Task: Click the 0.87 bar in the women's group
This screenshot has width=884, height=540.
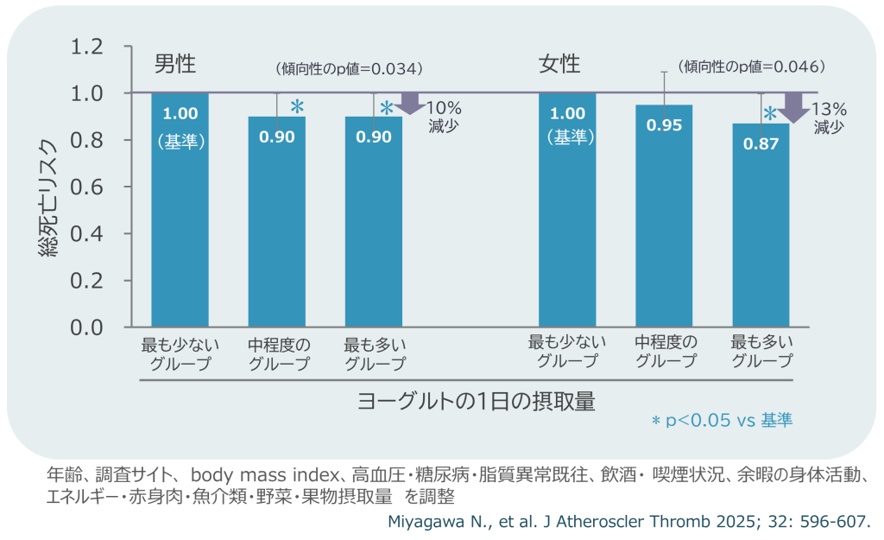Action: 761,225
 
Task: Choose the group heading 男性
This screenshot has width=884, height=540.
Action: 175,64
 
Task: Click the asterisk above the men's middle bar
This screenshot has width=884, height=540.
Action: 297,106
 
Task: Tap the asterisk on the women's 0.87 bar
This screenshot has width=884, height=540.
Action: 769,113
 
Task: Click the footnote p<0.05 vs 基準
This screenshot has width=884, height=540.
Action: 722,421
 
